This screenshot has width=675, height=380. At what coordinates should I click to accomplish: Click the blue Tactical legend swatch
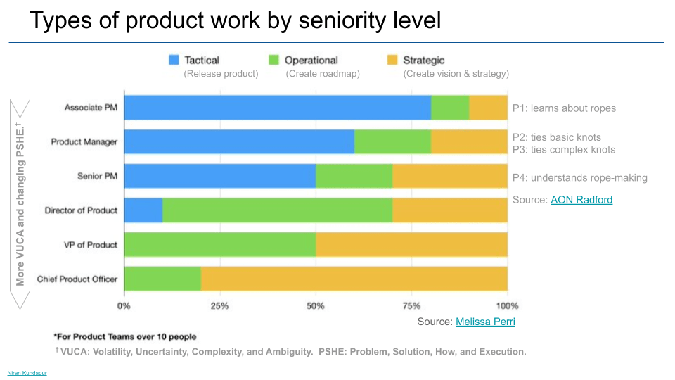174,61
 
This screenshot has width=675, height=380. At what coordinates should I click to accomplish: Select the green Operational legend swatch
275,61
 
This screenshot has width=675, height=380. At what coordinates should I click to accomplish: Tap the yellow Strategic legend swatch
392,61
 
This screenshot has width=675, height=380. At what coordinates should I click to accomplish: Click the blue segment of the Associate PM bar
277,108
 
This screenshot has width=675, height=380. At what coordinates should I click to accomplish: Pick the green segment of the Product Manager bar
392,142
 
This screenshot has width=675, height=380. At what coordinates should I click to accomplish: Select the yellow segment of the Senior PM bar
450,176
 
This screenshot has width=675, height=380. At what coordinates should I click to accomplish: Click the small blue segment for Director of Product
143,210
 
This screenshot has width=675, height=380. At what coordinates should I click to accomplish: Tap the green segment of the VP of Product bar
219,245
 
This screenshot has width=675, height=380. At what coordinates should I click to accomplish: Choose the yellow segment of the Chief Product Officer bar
354,279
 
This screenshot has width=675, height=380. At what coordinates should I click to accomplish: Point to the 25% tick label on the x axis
219,306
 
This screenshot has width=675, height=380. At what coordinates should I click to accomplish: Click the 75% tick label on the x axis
411,306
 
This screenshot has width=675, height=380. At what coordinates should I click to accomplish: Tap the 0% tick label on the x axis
124,306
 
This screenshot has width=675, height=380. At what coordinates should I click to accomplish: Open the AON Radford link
581,200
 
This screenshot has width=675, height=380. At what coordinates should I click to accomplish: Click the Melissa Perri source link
485,322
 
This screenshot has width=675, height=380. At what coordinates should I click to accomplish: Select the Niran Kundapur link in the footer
27,373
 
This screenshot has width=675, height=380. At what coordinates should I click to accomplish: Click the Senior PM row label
97,176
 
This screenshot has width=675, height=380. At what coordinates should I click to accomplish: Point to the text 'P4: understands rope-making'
579,177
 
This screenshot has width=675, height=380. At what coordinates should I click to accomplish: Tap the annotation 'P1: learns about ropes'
564,108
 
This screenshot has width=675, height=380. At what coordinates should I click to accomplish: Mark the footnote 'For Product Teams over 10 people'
125,336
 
